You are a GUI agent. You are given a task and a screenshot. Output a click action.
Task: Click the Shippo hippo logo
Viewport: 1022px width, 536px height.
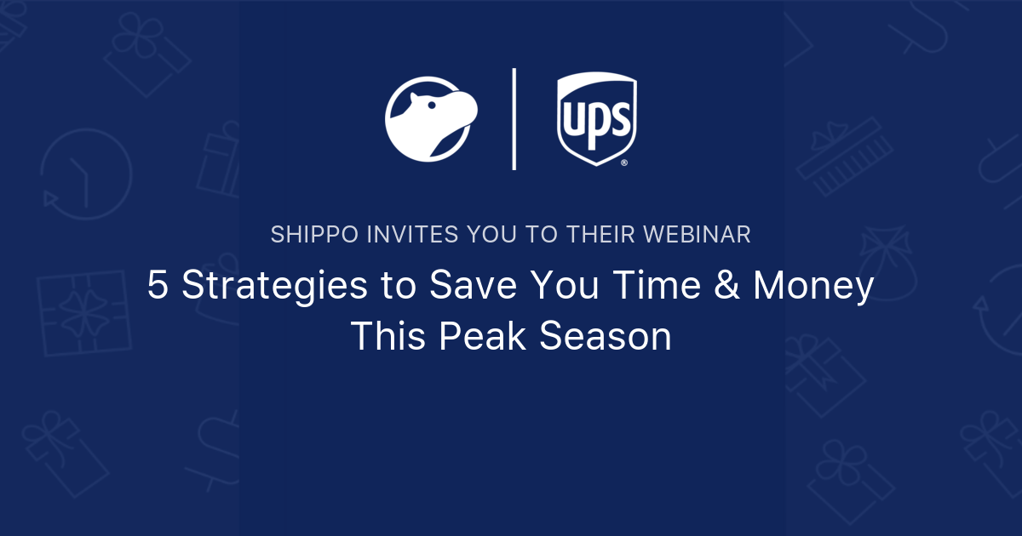[431, 119]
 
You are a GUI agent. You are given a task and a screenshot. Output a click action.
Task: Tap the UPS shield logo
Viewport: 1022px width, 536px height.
[597, 118]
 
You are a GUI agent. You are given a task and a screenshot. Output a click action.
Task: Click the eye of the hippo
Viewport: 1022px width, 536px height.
[432, 105]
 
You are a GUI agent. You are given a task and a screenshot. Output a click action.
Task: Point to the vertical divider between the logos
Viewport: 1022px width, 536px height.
[514, 119]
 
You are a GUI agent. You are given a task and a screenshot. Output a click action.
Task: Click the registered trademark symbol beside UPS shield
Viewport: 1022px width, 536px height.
[624, 163]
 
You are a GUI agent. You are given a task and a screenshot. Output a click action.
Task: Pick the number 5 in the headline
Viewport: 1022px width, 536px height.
[158, 284]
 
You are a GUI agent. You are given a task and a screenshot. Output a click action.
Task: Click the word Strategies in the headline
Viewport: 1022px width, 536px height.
[274, 286]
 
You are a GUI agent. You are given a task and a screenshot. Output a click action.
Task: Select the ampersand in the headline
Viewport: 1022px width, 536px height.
[726, 284]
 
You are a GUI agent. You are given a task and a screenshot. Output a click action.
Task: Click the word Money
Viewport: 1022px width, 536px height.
[813, 286]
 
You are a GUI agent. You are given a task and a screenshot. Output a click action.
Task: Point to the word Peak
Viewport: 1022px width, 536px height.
[482, 335]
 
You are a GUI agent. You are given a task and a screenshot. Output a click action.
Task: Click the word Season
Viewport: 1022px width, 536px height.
[605, 335]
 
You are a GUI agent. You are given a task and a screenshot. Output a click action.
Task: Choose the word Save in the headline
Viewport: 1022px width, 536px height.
[473, 284]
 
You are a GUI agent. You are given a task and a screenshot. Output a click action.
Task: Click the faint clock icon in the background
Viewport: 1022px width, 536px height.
[86, 174]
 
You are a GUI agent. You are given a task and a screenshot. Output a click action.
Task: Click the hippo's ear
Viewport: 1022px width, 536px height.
[414, 98]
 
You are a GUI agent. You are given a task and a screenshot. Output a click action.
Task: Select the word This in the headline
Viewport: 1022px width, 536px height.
[388, 335]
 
